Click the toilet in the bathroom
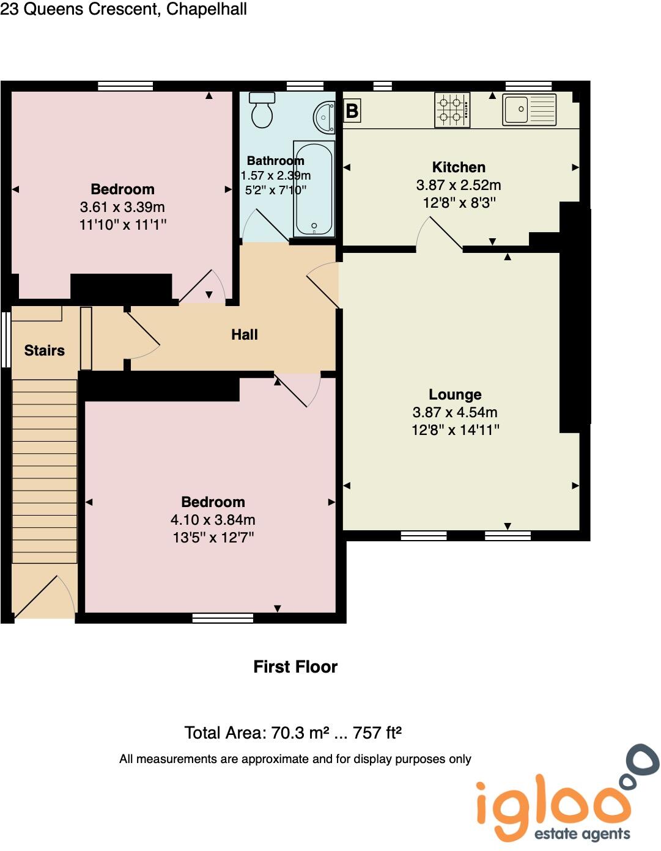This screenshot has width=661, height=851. point(263,111)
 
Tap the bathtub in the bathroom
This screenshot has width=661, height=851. point(314,188)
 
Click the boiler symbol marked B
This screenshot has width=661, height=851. point(352,111)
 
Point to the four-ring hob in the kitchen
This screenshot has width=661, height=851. point(452,110)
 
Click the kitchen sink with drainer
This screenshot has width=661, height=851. point(529,110)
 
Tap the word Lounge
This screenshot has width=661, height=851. point(455,395)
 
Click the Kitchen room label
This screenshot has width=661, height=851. point(459,167)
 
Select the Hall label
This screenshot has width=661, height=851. point(245,335)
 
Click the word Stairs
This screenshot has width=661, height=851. point(45,351)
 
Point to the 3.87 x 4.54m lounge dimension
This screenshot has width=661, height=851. point(455,412)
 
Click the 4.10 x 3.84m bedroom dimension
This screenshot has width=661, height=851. point(213,520)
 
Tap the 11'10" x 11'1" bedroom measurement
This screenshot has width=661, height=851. point(123,225)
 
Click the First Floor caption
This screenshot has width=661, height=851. point(295,667)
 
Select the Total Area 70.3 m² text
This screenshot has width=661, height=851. point(293,732)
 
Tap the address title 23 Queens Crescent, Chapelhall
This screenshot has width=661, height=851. point(124,9)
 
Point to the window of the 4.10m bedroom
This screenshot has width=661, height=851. point(223,618)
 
